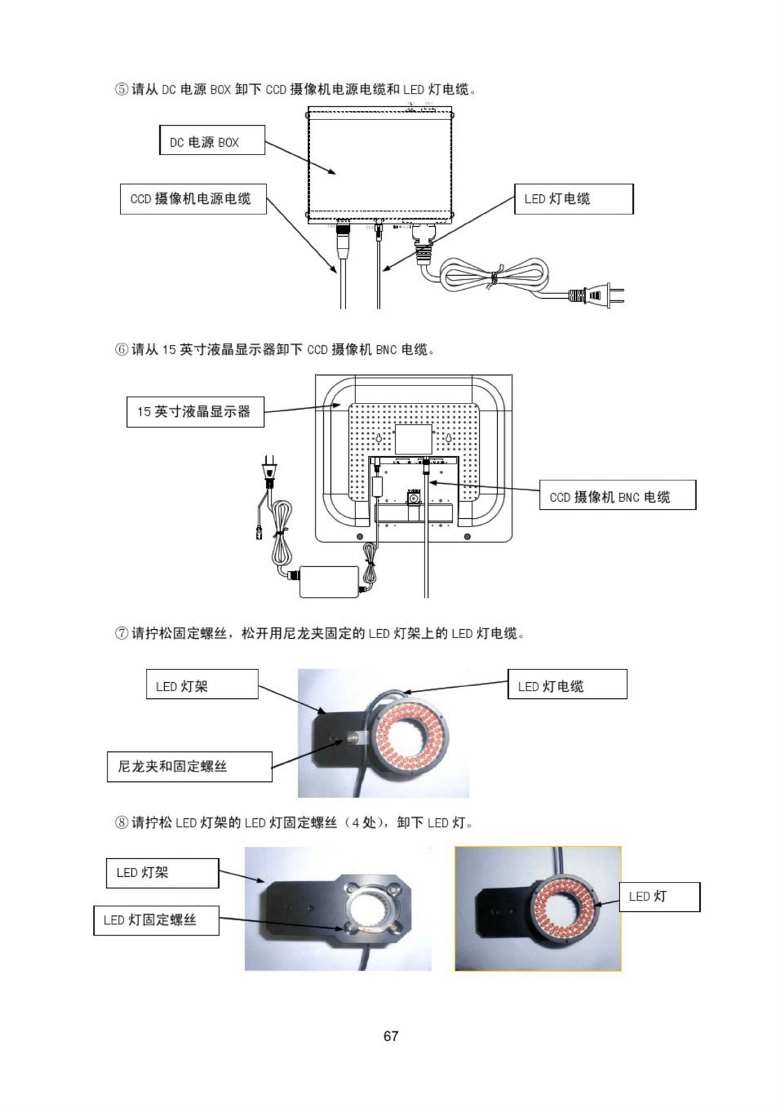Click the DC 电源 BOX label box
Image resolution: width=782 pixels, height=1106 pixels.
[x=212, y=140]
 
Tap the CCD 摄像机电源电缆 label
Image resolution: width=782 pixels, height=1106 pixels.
[x=193, y=199]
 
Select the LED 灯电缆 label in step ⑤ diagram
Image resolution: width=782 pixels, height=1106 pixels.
[x=573, y=199]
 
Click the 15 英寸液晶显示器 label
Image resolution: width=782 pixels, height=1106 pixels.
[x=195, y=412]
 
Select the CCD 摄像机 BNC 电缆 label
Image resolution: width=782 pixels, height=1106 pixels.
[x=617, y=495]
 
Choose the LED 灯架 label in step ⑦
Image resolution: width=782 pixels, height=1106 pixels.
[x=202, y=684]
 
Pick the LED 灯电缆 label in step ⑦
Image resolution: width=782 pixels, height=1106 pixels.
[x=567, y=684]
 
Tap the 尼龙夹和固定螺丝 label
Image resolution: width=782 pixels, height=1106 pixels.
[x=189, y=767]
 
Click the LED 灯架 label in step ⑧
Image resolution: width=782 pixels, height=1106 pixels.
[x=162, y=873]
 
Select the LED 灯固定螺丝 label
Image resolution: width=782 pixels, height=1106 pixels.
[x=156, y=920]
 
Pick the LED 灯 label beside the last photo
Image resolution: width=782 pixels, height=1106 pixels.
[x=658, y=897]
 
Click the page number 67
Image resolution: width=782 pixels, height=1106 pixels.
[x=391, y=1036]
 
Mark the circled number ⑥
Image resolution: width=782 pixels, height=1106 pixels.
[x=121, y=349]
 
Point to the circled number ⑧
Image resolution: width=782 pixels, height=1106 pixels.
[x=121, y=823]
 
